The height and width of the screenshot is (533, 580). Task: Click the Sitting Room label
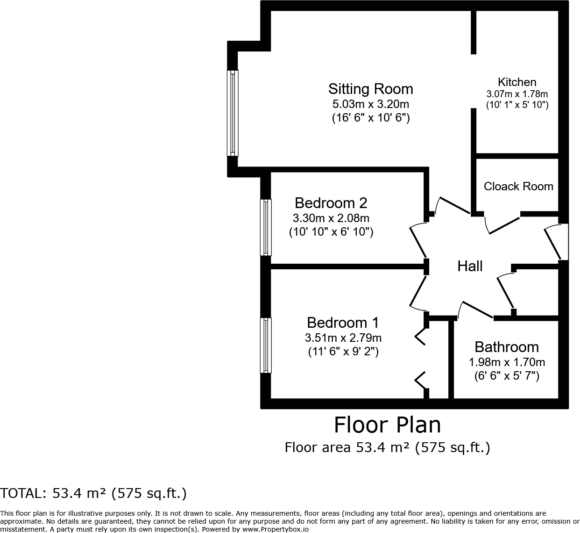pyautogui.click(x=370, y=89)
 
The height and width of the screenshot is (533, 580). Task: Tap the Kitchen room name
pyautogui.click(x=517, y=82)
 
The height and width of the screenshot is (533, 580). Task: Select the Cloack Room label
pyautogui.click(x=518, y=186)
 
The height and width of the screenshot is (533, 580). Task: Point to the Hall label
pyautogui.click(x=470, y=266)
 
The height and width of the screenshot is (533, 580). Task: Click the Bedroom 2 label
pyautogui.click(x=331, y=203)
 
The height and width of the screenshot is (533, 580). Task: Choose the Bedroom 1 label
pyautogui.click(x=343, y=323)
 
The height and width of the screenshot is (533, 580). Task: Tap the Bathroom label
pyautogui.click(x=507, y=347)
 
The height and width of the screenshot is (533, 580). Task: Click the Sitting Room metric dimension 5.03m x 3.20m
pyautogui.click(x=370, y=104)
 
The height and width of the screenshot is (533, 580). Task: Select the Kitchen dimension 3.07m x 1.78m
pyautogui.click(x=517, y=94)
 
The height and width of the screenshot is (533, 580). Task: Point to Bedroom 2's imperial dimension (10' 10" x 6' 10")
pyautogui.click(x=331, y=231)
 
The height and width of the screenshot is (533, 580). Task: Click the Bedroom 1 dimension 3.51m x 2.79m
pyautogui.click(x=343, y=338)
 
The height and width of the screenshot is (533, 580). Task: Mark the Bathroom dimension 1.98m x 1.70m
pyautogui.click(x=507, y=362)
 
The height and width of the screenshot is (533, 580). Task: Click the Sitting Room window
pyautogui.click(x=233, y=113)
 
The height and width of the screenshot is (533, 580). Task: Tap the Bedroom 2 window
pyautogui.click(x=265, y=227)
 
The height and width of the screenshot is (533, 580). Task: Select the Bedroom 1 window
pyautogui.click(x=265, y=345)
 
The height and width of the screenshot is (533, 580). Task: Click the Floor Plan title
pyautogui.click(x=387, y=425)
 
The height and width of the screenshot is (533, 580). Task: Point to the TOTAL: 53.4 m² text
pyautogui.click(x=93, y=493)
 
